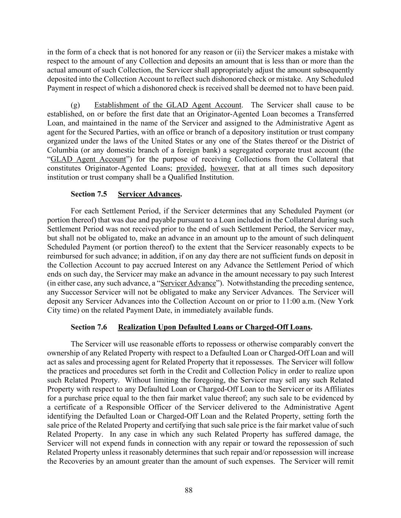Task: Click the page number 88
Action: [x=189, y=490]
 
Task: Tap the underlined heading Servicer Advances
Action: [x=149, y=194]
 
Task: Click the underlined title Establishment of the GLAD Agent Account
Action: [x=168, y=105]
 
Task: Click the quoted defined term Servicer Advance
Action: [x=188, y=283]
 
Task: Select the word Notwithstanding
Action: [x=254, y=283]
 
